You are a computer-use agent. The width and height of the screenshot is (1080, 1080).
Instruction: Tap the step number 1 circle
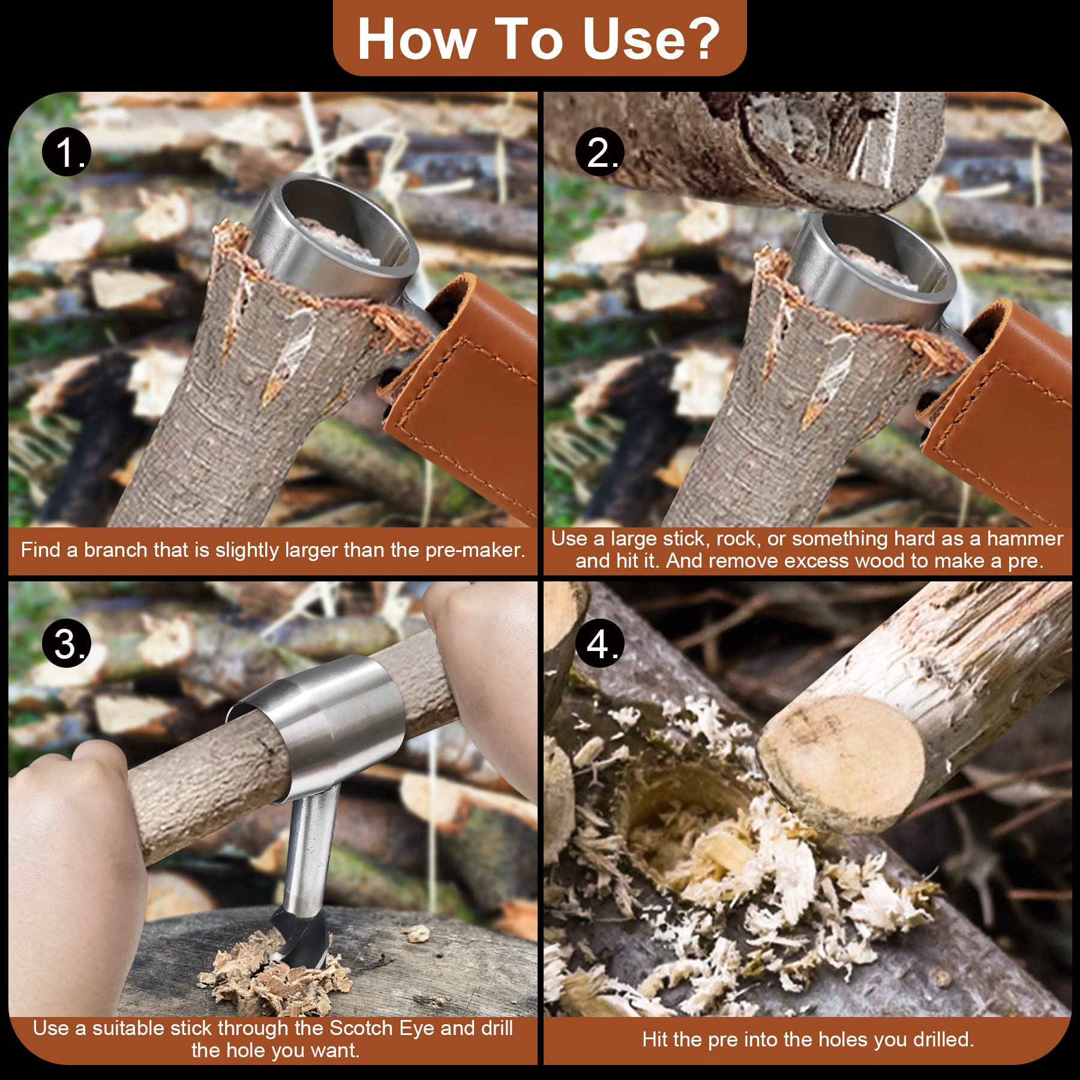(67, 153)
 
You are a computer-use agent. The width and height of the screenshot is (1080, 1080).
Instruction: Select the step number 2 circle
(599, 153)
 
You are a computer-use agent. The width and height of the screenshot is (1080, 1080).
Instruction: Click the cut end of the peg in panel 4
(840, 762)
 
